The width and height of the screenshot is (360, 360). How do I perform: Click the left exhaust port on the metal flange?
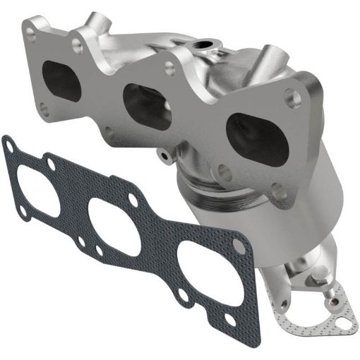62,80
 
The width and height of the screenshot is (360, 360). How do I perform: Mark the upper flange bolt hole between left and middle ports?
76,46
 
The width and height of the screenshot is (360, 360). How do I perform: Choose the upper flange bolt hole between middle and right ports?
169,67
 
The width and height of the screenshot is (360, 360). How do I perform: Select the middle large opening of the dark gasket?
112,223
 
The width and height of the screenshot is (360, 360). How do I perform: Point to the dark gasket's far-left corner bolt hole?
9,147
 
